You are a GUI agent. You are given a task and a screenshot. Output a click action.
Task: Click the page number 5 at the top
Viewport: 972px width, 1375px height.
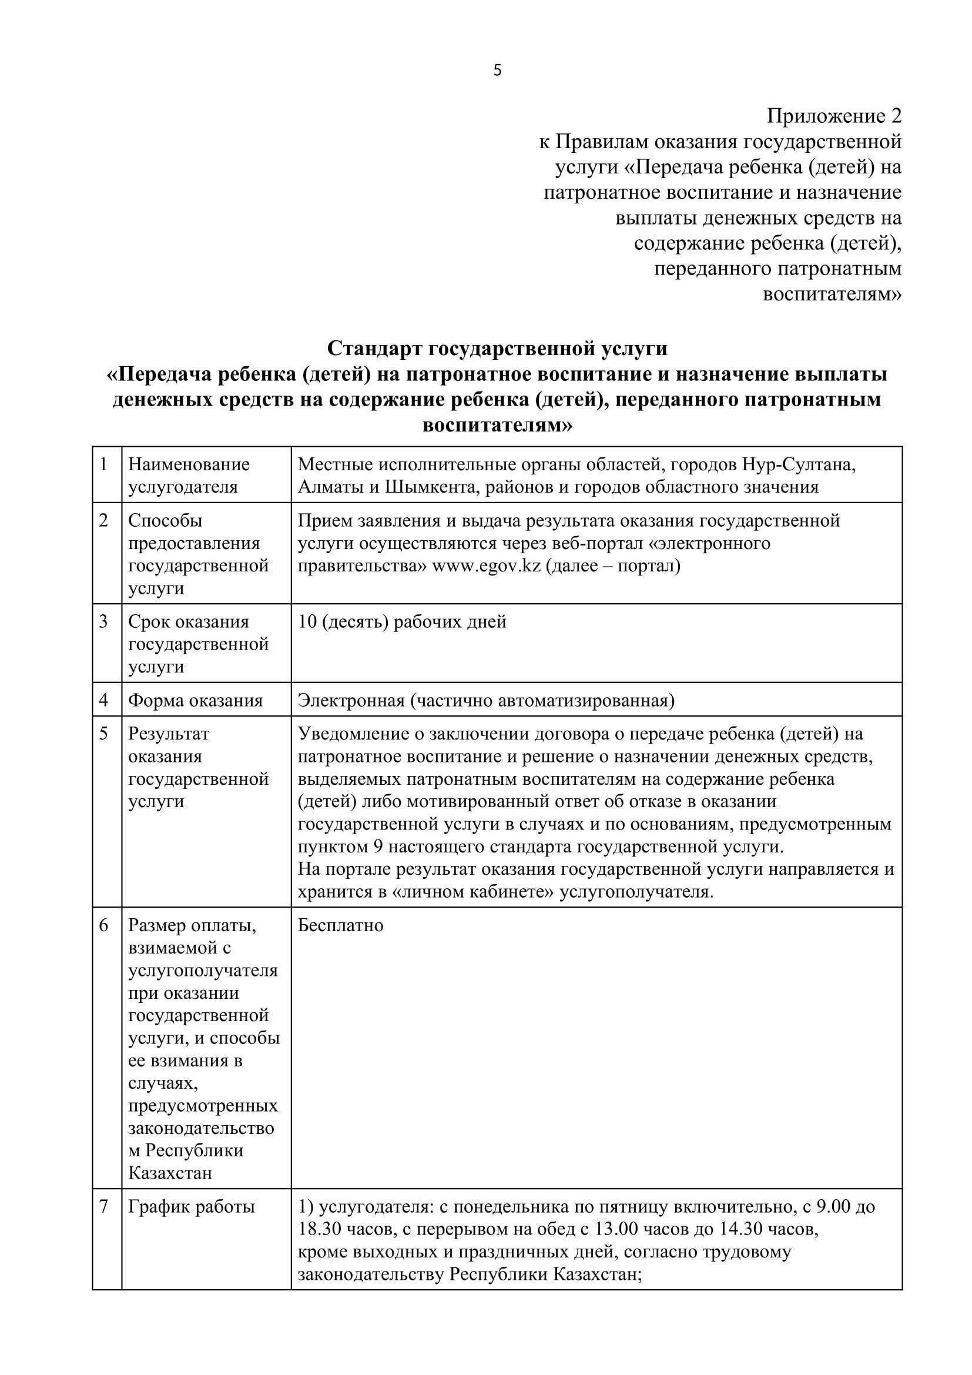point(497,71)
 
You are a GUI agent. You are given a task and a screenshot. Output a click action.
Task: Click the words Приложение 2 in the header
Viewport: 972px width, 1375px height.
point(834,116)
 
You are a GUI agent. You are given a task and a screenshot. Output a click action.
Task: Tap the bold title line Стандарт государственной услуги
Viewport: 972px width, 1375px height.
point(497,348)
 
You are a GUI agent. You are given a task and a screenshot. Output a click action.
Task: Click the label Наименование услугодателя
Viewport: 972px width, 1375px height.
point(189,476)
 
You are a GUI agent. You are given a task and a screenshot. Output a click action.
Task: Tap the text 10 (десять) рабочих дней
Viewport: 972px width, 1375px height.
point(402,621)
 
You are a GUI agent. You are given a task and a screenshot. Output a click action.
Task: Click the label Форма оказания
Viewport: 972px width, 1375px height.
point(195,700)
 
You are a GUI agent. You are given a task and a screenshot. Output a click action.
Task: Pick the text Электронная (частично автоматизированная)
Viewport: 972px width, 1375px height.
point(486,700)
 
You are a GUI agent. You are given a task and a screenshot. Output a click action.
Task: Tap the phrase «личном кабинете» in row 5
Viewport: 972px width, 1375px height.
point(472,892)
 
